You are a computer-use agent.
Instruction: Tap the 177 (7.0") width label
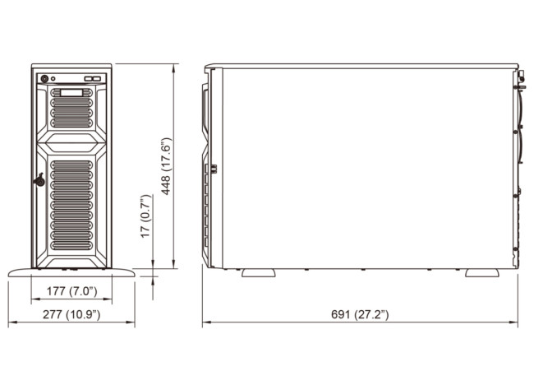click(x=72, y=291)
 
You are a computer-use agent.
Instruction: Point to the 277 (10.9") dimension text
click(x=71, y=315)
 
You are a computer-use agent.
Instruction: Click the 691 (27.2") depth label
click(x=360, y=315)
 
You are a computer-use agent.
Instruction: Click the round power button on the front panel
click(x=44, y=79)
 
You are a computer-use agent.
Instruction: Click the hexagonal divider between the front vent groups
click(x=71, y=143)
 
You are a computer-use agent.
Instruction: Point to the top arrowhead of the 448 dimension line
click(x=173, y=67)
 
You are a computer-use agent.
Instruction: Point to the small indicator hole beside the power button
click(x=53, y=79)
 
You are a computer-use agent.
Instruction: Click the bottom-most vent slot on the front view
click(x=71, y=246)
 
